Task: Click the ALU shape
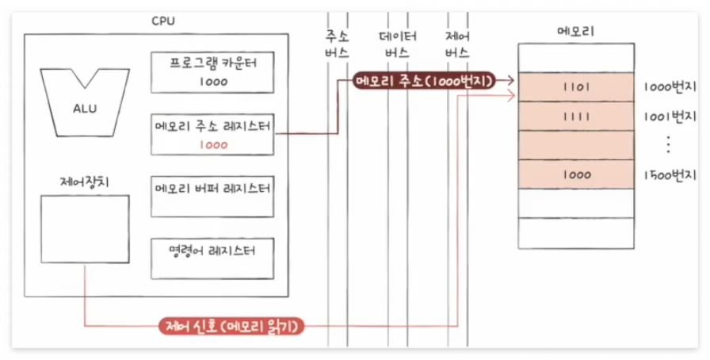pos(74,99)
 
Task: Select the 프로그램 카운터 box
pos(212,72)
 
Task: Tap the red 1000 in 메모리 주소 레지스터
pos(213,145)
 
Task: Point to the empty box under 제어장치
pos(85,229)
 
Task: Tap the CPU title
pos(163,21)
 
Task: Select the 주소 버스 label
pos(337,44)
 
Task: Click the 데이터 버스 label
pos(397,44)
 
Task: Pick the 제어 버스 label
pos(456,44)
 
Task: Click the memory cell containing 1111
pos(576,116)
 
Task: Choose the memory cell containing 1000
pos(576,174)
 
